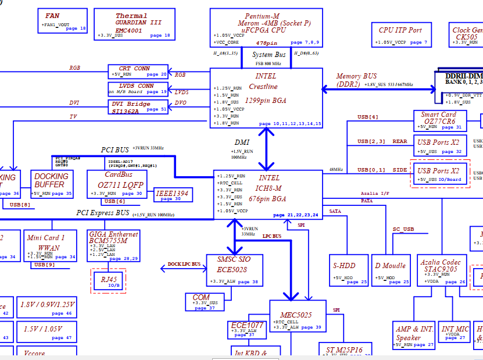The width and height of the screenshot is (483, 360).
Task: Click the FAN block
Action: click(63, 21)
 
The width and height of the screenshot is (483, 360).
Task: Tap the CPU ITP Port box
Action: click(400, 34)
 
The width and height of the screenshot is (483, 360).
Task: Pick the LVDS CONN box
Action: click(138, 88)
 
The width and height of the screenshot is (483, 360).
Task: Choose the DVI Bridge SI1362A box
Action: click(138, 107)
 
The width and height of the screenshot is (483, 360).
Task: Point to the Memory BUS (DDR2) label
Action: click(356, 80)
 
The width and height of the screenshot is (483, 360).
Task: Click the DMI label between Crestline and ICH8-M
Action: click(242, 142)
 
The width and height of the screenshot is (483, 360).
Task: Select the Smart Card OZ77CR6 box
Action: click(439, 120)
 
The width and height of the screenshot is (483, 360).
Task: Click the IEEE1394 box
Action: click(173, 195)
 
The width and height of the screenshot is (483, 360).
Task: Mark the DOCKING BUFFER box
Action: click(52, 184)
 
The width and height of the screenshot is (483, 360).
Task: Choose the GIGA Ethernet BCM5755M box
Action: click(113, 246)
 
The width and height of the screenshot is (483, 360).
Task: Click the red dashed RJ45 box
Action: click(108, 281)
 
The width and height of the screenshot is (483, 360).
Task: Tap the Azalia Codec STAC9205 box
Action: click(442, 270)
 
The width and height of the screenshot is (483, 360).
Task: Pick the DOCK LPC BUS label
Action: click(184, 265)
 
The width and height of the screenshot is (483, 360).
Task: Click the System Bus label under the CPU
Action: click(269, 55)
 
